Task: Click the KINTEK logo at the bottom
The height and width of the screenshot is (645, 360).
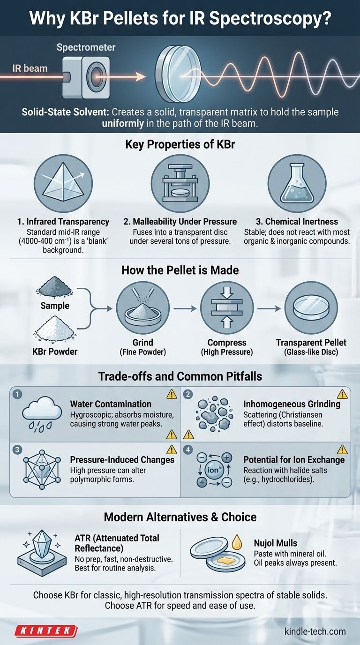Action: (46, 631)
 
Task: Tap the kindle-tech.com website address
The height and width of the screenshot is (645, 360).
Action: (315, 631)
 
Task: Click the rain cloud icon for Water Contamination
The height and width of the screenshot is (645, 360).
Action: (42, 415)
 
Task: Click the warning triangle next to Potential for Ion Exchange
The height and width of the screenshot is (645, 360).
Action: (343, 450)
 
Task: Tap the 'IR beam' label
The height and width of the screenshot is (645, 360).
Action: (30, 68)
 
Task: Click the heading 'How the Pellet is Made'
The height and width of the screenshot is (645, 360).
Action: (180, 270)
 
